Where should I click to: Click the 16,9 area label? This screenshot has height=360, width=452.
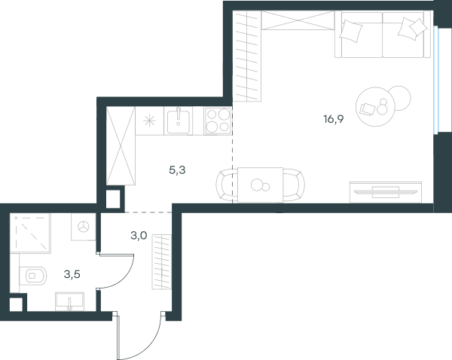coord(334,119)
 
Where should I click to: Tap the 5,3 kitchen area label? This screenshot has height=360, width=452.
coord(177,170)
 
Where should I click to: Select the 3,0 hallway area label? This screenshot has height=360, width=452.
coord(139,236)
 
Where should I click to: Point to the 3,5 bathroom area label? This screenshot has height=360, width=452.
coord(72,274)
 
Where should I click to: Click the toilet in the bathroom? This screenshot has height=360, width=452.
coord(32,276)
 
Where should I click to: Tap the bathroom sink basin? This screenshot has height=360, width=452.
coord(70,301)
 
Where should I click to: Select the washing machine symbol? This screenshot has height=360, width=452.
coord(84,227)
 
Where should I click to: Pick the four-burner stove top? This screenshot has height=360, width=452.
coord(218,121)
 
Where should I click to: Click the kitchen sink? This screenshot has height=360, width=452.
coord(178,121)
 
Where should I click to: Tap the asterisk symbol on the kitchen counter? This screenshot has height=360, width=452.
coord(150,121)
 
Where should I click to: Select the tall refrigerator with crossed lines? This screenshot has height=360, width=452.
coord(121,145)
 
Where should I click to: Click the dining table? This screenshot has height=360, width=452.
coord(261,185)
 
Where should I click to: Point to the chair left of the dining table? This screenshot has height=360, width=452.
coord(227,185)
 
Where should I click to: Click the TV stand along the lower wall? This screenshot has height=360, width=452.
coord(386,192)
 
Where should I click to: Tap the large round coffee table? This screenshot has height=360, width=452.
coord(375,107)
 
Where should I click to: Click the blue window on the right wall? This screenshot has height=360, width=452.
coord(436,80)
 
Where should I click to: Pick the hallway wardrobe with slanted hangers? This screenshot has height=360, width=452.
coord(162,261)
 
